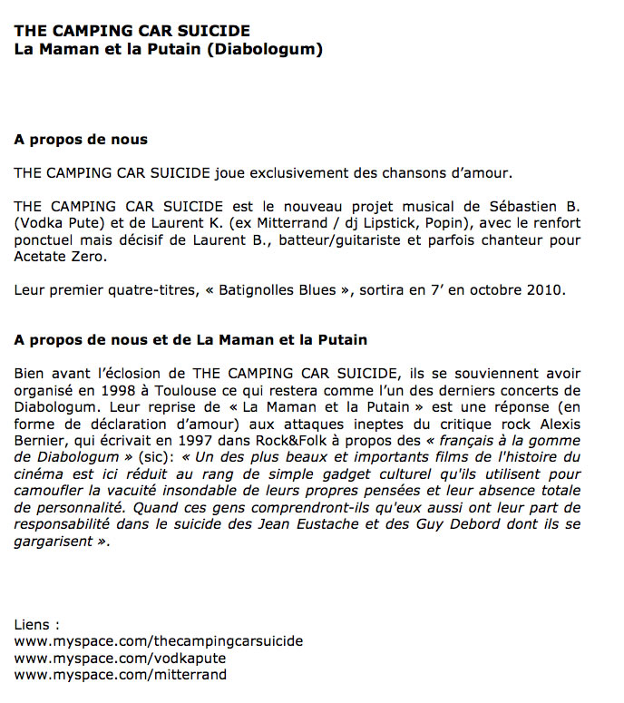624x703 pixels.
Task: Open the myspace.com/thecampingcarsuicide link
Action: [x=159, y=641]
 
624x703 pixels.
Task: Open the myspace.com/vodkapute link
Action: [x=121, y=658]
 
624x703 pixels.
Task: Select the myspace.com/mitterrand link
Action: [x=121, y=675]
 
